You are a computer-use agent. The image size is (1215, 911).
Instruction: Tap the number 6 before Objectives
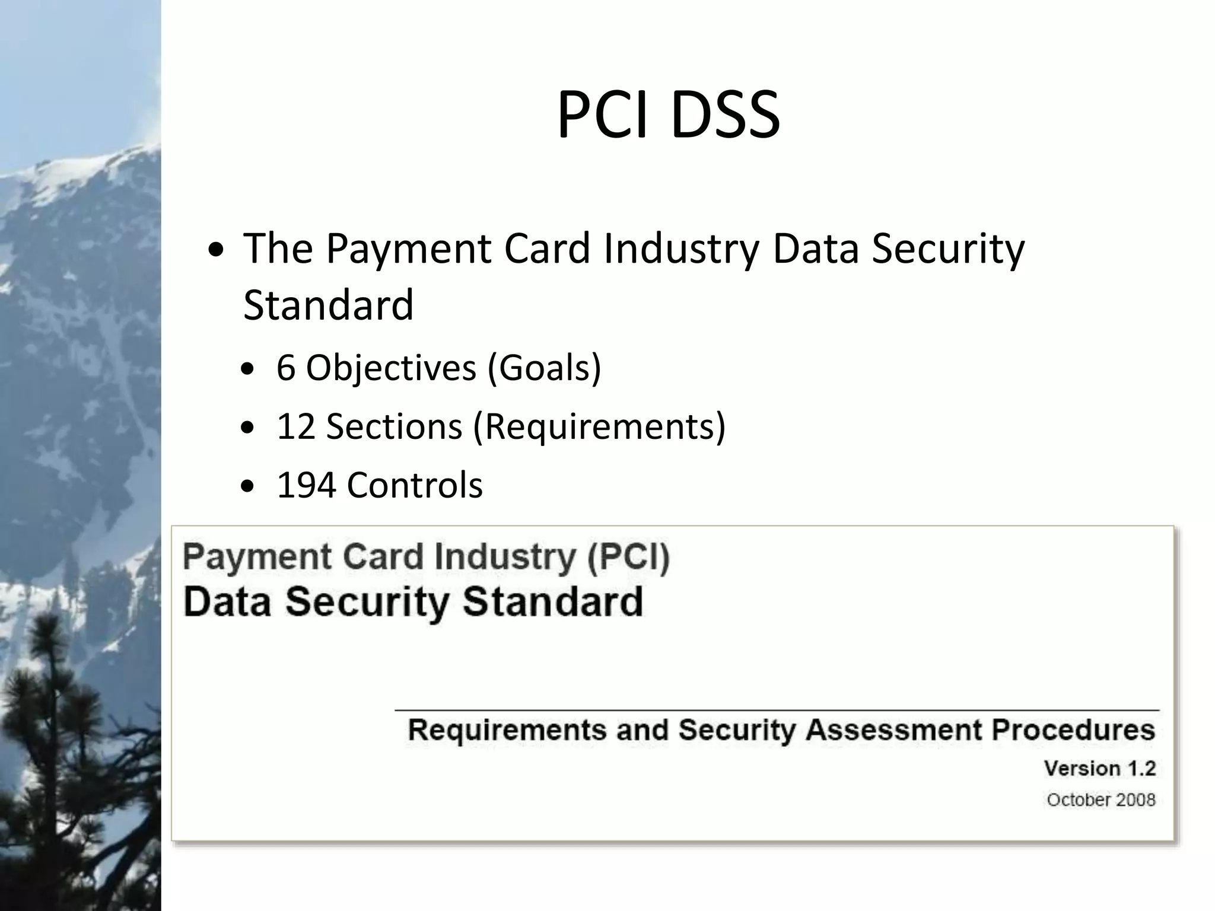[286, 368]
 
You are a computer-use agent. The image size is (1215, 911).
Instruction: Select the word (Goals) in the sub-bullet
[544, 368]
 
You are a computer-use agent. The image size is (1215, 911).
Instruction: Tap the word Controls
[415, 485]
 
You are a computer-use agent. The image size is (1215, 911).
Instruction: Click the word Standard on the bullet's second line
[328, 305]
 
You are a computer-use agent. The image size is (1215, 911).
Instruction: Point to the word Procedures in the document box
[1073, 730]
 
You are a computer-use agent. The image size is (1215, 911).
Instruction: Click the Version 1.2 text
[1100, 769]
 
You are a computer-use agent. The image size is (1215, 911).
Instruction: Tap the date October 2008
[1101, 800]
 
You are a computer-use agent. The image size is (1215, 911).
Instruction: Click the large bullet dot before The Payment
[217, 251]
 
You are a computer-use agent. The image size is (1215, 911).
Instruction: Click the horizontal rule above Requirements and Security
[777, 710]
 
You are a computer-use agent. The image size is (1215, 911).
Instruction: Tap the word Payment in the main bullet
[408, 249]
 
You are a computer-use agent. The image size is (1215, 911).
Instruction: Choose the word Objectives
[391, 368]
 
